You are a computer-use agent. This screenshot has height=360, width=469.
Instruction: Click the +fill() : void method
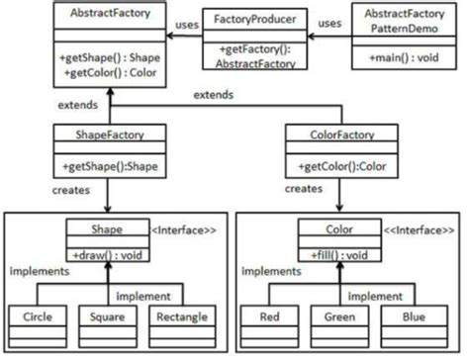click(x=339, y=254)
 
